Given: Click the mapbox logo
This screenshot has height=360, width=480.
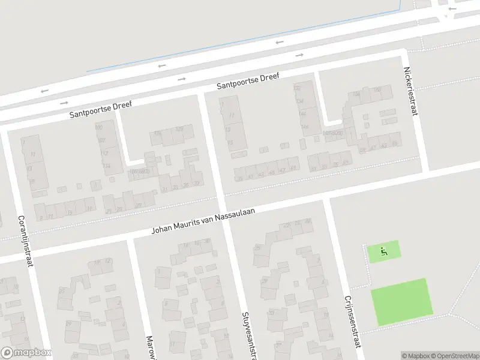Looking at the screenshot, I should (x=25, y=353).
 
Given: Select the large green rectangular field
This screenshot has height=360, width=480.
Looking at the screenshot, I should (x=401, y=302).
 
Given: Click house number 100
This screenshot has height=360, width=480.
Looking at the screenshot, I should (x=99, y=127).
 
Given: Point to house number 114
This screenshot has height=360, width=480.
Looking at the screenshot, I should (x=107, y=166).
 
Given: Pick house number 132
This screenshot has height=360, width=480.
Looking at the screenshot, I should (x=296, y=88).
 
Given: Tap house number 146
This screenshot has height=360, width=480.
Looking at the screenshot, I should (x=303, y=113).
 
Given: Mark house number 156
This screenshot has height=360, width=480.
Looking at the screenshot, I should (x=356, y=94).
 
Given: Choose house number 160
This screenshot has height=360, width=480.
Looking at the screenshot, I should (x=377, y=90).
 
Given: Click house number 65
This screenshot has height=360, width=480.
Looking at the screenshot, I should (x=394, y=143).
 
